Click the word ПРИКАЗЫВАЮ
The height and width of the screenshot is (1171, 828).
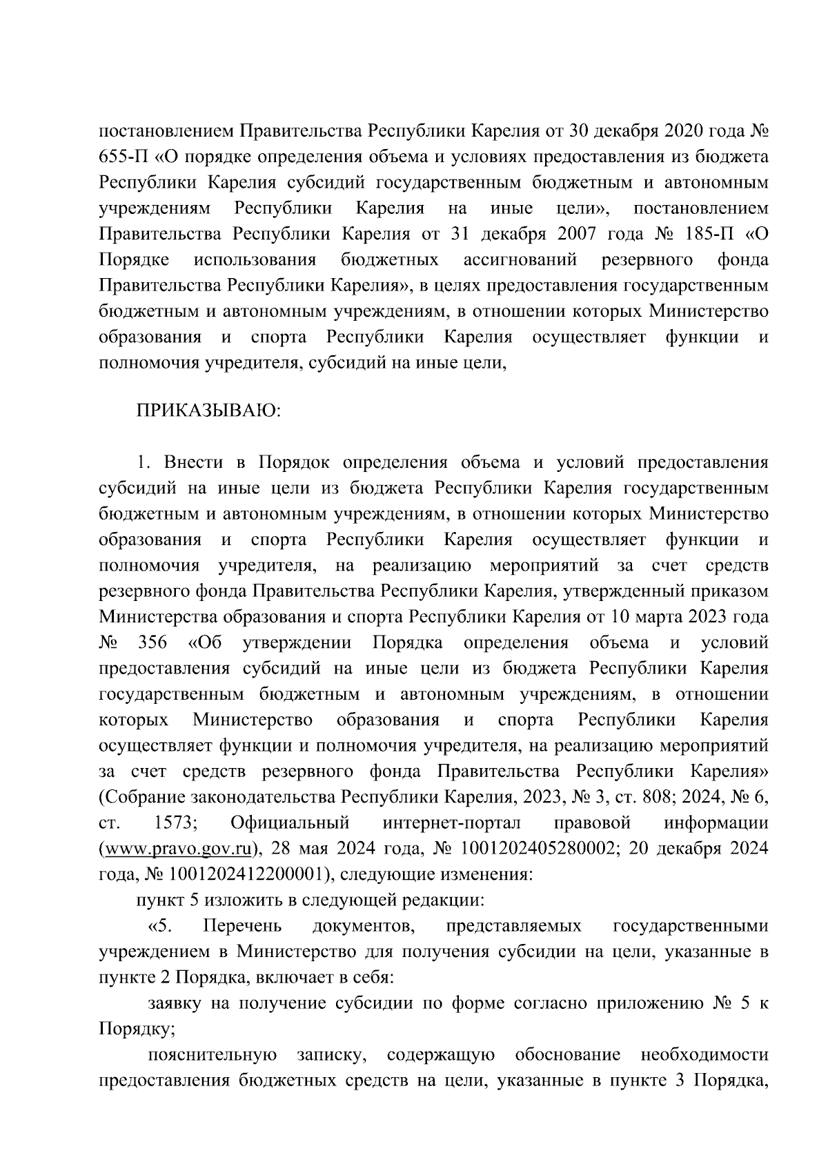[208, 411]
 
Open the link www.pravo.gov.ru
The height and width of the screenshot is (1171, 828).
[179, 848]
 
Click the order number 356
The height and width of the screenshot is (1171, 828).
[152, 642]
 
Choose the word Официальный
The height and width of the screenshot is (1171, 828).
[290, 823]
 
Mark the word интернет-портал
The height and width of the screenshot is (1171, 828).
[451, 823]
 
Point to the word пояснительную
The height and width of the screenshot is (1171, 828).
[213, 1054]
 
